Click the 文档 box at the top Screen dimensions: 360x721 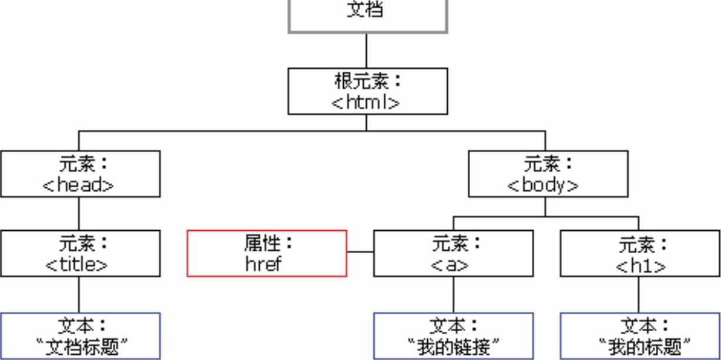point(367,15)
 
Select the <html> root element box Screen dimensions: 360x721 point(367,91)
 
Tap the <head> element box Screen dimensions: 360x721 point(80,173)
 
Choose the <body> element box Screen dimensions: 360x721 point(548,173)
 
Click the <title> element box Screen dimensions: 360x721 point(80,253)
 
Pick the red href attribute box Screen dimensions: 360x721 point(267,253)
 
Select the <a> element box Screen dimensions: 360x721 point(453,253)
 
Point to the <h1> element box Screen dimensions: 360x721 point(640,253)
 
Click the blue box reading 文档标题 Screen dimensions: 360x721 point(80,336)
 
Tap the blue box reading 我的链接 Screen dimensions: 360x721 point(453,336)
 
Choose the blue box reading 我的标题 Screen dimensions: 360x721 point(640,336)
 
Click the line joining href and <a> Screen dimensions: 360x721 point(360,252)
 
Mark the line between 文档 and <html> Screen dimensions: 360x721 point(367,51)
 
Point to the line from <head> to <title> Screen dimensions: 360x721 point(79,213)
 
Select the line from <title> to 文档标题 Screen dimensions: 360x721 point(79,294)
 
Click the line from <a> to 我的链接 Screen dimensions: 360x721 point(453,294)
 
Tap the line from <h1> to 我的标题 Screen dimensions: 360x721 point(639,294)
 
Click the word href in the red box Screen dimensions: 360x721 point(264,264)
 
